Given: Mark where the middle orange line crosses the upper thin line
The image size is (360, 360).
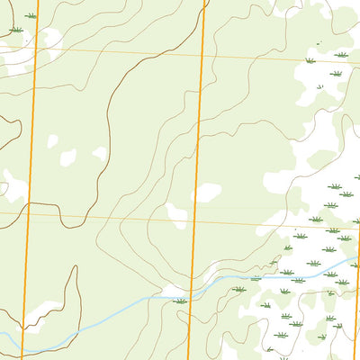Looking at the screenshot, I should (x=203, y=55).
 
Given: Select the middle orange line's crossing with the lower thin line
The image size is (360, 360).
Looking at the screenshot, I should (x=195, y=220).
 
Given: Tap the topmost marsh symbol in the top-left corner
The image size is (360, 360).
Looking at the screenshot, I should (x=31, y=16).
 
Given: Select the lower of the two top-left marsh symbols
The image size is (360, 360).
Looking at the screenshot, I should (x=15, y=31).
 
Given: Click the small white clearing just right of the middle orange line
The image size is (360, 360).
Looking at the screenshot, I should (x=207, y=192).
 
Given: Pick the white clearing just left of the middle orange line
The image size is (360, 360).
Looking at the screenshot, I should (x=177, y=215).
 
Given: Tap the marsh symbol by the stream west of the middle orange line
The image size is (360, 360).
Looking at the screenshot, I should (x=181, y=301).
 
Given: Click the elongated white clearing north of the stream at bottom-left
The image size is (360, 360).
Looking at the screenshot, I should (x=40, y=312).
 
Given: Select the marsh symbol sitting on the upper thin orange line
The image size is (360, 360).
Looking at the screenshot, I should (x=310, y=60).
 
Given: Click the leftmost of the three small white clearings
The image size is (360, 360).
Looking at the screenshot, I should (x=52, y=141).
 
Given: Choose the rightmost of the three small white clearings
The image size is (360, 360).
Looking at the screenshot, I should (x=99, y=154).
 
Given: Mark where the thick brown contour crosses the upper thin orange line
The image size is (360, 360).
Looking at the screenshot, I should (x=158, y=53).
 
